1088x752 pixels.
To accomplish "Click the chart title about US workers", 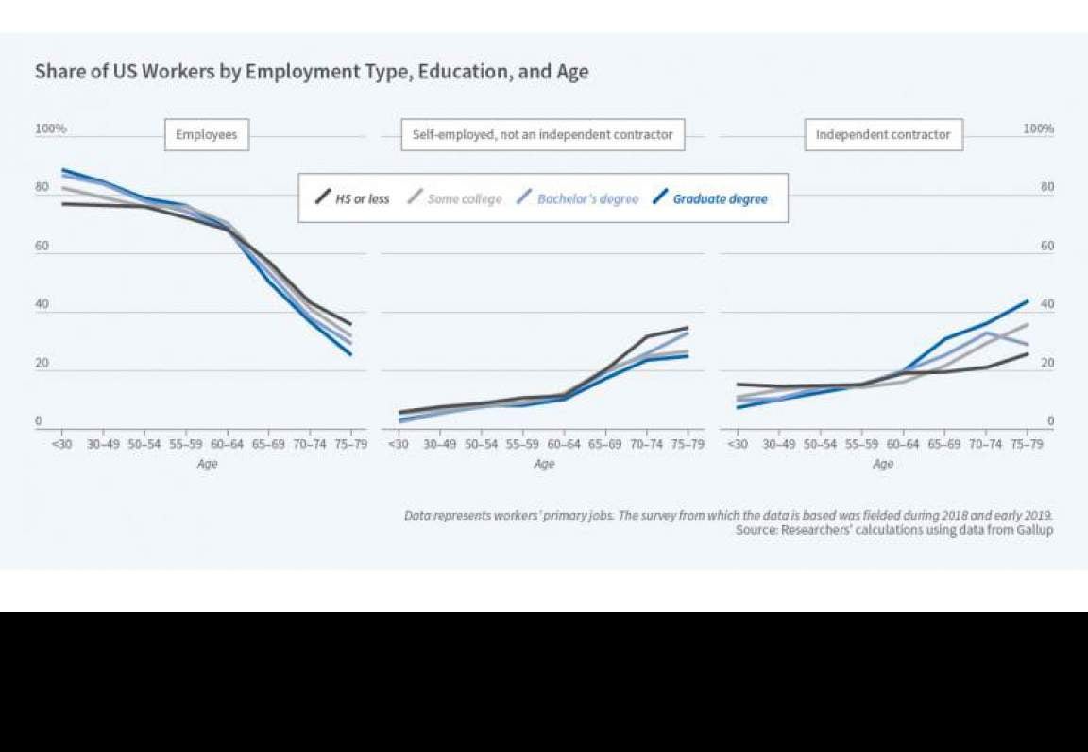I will (312, 72).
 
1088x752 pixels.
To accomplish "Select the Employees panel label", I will (207, 135).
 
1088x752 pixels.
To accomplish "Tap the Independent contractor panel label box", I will (883, 135).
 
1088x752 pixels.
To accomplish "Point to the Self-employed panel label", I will (542, 135).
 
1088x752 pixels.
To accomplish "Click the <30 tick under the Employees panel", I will (62, 444).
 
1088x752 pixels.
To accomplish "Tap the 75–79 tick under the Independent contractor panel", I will (1027, 444).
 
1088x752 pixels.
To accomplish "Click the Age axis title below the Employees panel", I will (207, 464).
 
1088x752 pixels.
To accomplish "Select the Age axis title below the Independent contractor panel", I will (883, 464).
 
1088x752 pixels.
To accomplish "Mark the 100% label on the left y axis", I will (51, 128).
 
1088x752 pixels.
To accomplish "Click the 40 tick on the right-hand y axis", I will (1047, 304).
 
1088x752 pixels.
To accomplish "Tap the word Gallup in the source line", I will (1032, 531).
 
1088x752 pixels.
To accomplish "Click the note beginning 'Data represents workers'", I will (727, 516).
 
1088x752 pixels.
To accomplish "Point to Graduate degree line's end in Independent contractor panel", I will (1028, 301).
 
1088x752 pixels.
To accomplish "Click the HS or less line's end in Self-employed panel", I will (688, 328).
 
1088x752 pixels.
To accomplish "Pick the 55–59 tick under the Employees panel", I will (186, 444).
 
